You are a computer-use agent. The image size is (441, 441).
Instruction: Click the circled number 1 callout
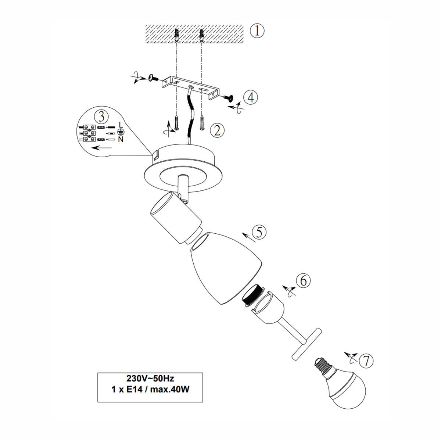pyautogui.click(x=257, y=31)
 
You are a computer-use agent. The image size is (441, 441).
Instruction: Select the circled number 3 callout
pyautogui.click(x=101, y=116)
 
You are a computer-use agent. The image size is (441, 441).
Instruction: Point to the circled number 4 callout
pyautogui.click(x=251, y=97)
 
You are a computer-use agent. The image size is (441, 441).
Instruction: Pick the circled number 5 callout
pyautogui.click(x=259, y=232)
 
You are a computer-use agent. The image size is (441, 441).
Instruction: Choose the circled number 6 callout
pyautogui.click(x=303, y=280)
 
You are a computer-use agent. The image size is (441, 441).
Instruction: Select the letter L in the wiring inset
pyautogui.click(x=121, y=125)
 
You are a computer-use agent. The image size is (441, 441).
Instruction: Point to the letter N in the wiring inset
pyautogui.click(x=121, y=139)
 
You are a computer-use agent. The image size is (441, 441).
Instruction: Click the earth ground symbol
pyautogui.click(x=121, y=132)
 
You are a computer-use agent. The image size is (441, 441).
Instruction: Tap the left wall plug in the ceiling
pyautogui.click(x=176, y=35)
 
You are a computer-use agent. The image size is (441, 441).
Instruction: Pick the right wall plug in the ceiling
pyautogui.click(x=201, y=36)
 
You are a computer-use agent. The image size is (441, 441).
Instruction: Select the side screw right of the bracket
pyautogui.click(x=228, y=98)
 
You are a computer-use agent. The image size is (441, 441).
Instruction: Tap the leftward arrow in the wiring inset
pyautogui.click(x=101, y=148)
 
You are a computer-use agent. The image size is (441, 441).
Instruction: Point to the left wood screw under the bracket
pyautogui.click(x=176, y=122)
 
